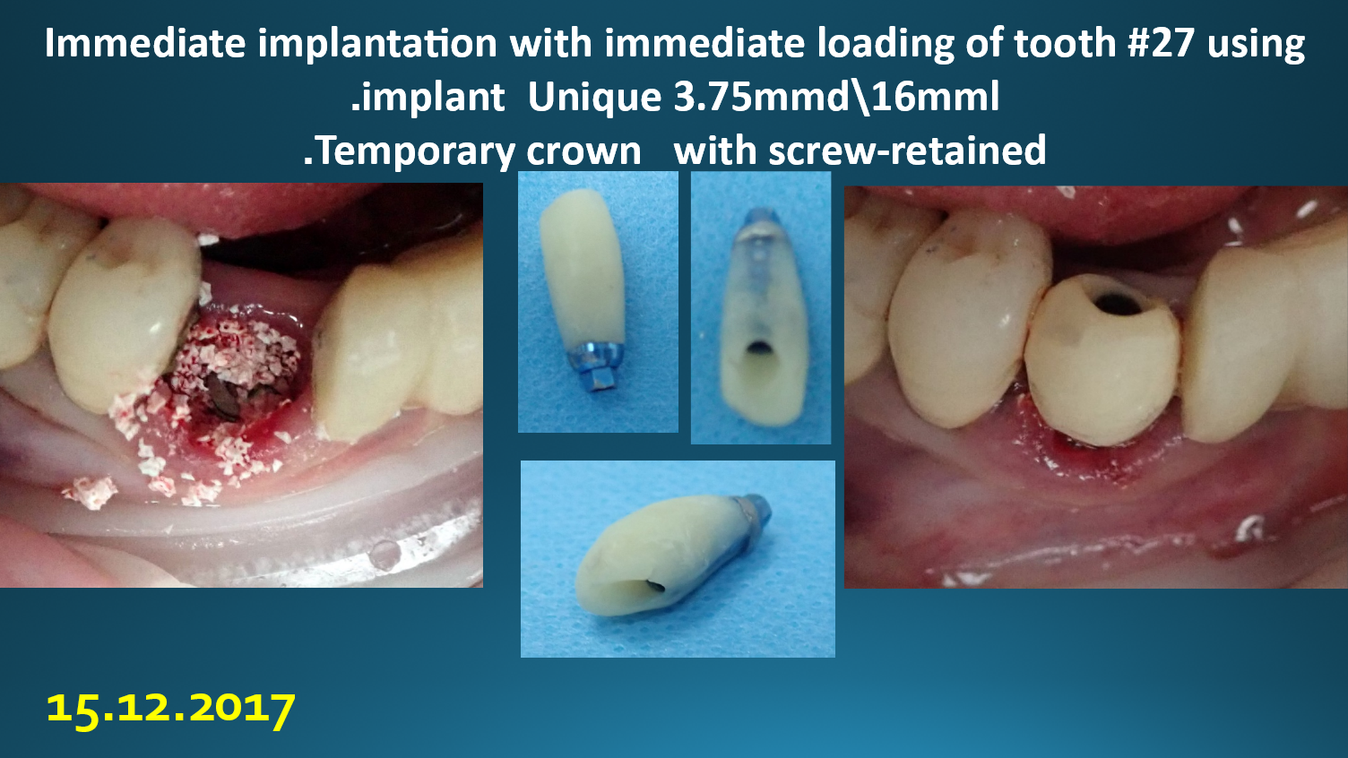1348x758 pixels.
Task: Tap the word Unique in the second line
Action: point(594,97)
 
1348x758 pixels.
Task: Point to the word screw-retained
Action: point(908,150)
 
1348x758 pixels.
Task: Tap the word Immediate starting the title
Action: point(145,43)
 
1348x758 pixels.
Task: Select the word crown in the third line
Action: point(583,151)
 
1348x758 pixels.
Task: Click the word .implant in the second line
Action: point(428,98)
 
